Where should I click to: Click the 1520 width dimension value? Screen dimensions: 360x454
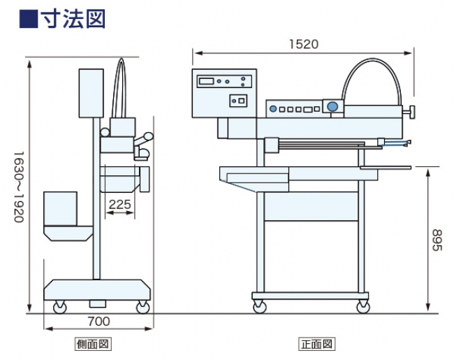click(x=303, y=43)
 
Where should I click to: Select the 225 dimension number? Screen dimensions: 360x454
click(x=120, y=204)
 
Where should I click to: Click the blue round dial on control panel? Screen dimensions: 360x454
click(x=332, y=107)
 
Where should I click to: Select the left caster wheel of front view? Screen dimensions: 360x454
click(x=260, y=305)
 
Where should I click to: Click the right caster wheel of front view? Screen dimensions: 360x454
click(x=363, y=305)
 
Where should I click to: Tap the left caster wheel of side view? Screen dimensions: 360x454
click(x=57, y=306)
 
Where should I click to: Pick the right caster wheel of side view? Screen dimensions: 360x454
click(x=143, y=306)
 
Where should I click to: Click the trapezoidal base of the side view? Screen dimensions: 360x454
click(x=98, y=289)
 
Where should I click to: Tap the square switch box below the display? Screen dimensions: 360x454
click(x=239, y=101)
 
